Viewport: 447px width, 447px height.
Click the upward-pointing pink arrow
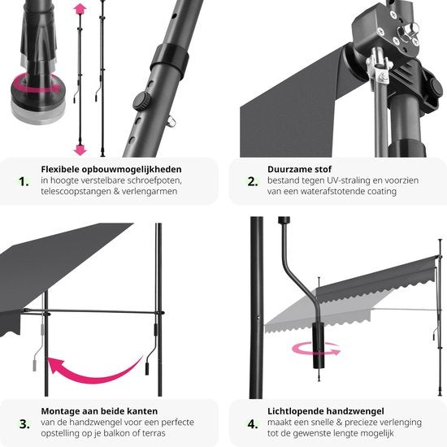coord(80,10)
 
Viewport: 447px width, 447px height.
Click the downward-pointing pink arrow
coord(80,149)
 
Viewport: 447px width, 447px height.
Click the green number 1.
coord(24,180)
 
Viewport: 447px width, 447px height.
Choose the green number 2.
coord(252,180)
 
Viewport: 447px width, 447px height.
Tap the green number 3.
coord(24,423)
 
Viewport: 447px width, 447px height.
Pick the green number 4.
coord(252,423)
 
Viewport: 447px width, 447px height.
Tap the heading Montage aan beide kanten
coord(99,411)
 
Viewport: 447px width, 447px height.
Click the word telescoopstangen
coord(79,192)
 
